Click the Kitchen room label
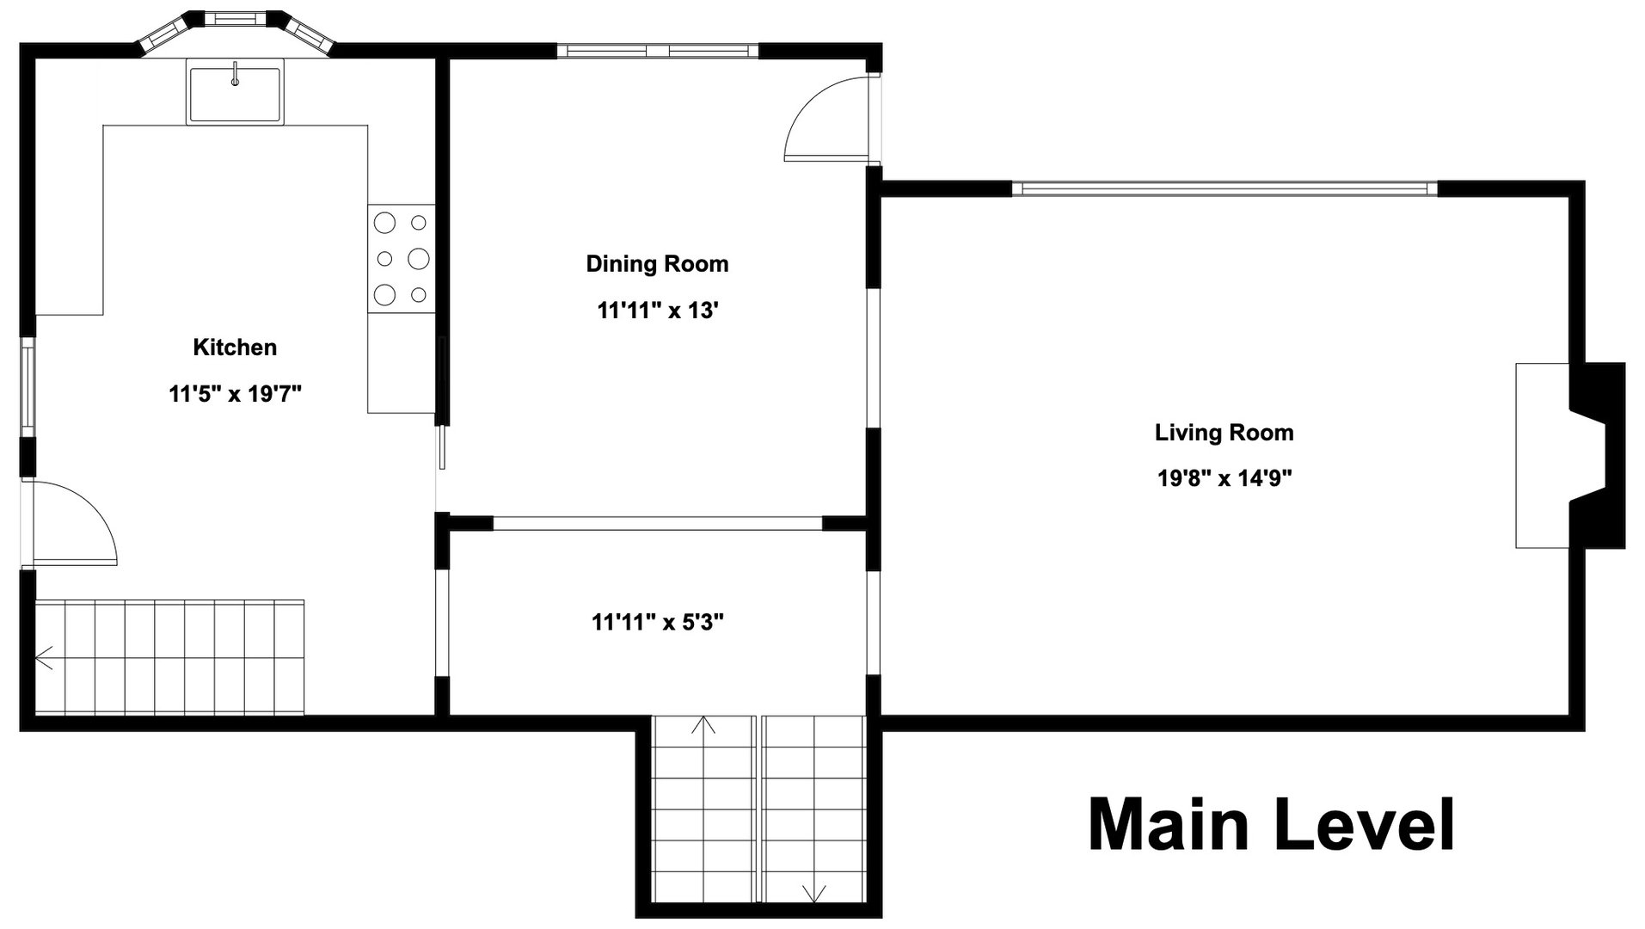[x=235, y=348]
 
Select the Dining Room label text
[x=657, y=264]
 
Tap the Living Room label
[x=1224, y=433]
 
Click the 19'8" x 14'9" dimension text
[x=1225, y=478]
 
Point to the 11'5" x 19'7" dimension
[x=235, y=395]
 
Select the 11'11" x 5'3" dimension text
[x=657, y=622]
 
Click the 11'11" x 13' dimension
[x=657, y=311]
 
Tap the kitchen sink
[x=235, y=91]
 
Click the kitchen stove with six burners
[x=402, y=259]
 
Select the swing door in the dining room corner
[x=826, y=120]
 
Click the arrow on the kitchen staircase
[x=45, y=658]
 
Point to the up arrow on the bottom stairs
[x=703, y=724]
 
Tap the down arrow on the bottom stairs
[x=813, y=893]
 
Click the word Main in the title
[x=1167, y=826]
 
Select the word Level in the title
[x=1363, y=826]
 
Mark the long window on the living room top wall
[x=1224, y=188]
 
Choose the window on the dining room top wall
[x=657, y=51]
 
